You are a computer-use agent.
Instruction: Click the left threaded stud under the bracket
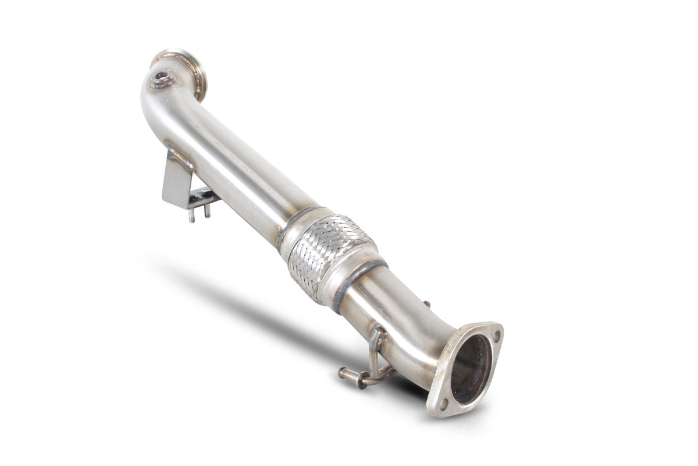(x=191, y=215)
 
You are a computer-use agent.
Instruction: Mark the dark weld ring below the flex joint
(x=358, y=284)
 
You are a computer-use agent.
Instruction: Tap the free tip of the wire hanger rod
(x=343, y=370)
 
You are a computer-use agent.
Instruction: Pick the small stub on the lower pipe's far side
(x=427, y=303)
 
